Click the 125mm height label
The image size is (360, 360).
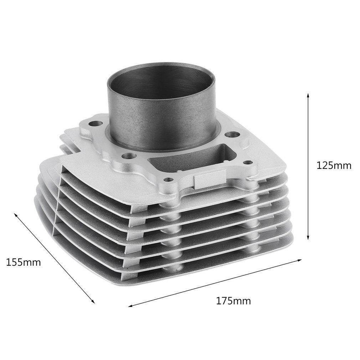(x=334, y=165)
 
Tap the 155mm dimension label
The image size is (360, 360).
(x=24, y=262)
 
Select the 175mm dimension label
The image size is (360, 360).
(x=233, y=301)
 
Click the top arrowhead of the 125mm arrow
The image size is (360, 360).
(x=308, y=96)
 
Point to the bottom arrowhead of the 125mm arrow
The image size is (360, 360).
(x=308, y=237)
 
